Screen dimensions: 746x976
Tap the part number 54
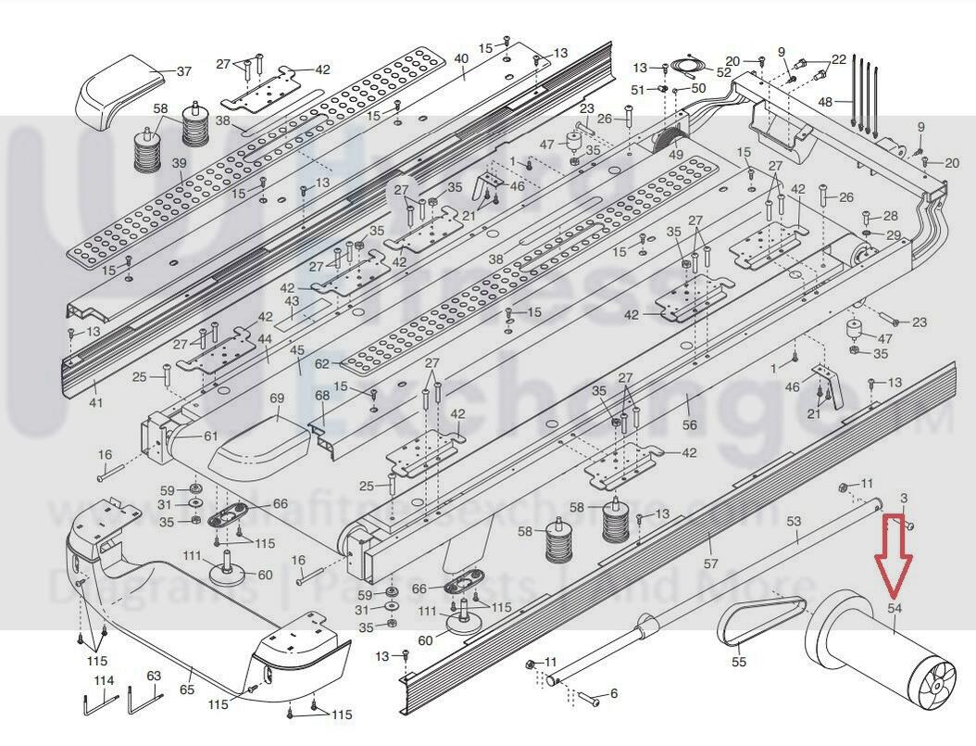tap(895, 608)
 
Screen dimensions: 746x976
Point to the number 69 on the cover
tap(276, 398)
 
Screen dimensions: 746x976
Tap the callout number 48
tap(826, 102)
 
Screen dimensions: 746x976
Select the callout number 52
tap(723, 71)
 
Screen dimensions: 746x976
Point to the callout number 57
tap(711, 563)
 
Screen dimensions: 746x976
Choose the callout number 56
tap(689, 424)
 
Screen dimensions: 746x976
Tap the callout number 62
tap(321, 364)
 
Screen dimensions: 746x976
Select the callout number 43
tap(292, 301)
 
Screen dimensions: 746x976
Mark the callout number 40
tap(461, 58)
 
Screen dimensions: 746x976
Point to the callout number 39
tap(179, 163)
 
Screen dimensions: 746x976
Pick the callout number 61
tap(211, 436)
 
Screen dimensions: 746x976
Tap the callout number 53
tap(794, 522)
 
